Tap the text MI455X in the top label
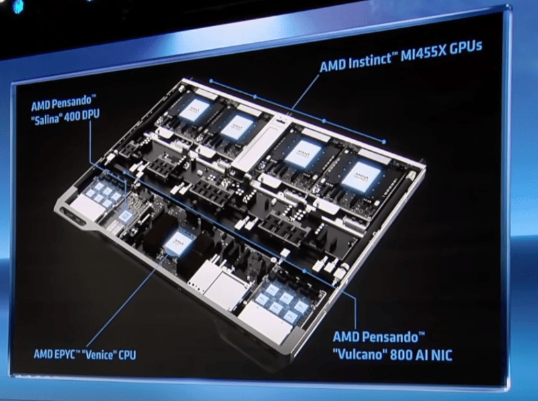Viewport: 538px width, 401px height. [423, 53]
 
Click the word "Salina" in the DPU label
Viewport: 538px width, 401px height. [48, 118]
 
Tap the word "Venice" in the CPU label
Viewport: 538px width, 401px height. [97, 354]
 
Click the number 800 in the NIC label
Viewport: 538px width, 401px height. [400, 355]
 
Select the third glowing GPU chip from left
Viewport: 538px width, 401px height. [303, 152]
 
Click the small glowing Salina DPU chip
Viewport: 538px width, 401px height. [125, 216]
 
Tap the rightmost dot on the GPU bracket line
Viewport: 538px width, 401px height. [384, 141]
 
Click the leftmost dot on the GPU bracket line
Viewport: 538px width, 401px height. [211, 81]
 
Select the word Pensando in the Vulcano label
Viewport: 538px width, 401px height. [393, 337]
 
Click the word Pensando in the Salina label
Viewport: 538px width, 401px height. [70, 103]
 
